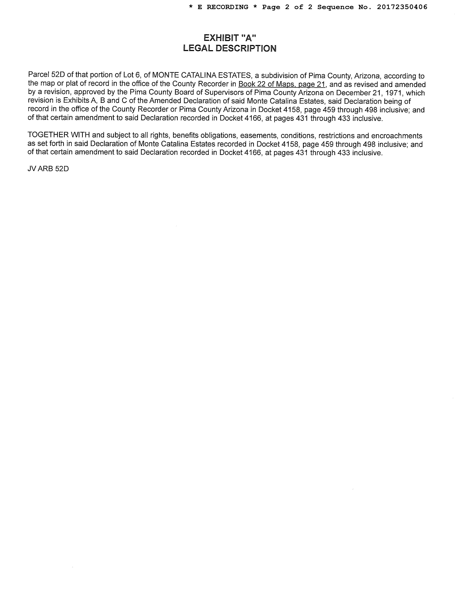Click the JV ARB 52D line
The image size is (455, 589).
48,169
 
